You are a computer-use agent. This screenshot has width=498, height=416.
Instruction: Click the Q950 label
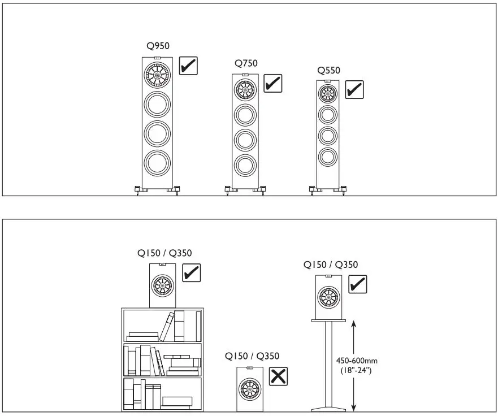click(x=157, y=46)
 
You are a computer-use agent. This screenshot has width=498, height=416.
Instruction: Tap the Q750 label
click(x=246, y=63)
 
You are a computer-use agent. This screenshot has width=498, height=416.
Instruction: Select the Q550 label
click(x=328, y=71)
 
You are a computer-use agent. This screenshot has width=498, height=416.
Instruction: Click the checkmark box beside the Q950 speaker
click(x=188, y=66)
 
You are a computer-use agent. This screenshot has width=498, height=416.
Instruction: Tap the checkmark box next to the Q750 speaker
click(x=272, y=84)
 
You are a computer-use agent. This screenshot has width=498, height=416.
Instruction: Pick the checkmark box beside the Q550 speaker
click(x=354, y=89)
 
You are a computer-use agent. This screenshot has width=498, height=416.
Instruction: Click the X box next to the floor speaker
click(x=278, y=376)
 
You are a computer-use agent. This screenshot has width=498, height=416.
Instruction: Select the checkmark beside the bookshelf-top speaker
click(x=192, y=273)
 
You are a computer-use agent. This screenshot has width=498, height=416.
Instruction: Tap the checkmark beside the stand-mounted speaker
click(x=357, y=284)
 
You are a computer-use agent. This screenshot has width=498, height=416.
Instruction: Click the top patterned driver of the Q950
click(x=157, y=73)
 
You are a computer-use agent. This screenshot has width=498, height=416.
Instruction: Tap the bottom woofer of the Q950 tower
click(x=157, y=163)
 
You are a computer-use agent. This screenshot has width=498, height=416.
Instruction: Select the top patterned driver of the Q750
click(x=245, y=89)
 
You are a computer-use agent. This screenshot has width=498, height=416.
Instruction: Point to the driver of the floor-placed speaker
click(x=250, y=389)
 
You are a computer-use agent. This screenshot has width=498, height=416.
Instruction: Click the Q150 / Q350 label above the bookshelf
click(x=161, y=253)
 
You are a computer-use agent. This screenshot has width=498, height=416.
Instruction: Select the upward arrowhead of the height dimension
click(x=353, y=324)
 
